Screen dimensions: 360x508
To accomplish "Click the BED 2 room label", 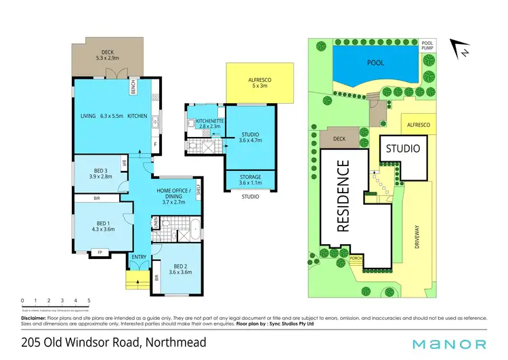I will (x=179, y=266).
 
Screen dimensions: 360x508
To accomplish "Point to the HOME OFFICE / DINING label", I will (x=175, y=193).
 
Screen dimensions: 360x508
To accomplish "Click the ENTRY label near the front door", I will (x=139, y=256).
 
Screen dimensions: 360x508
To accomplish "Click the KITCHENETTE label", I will (x=205, y=119).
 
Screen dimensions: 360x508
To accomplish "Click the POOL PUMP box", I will (x=431, y=45).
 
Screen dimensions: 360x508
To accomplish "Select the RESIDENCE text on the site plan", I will (x=343, y=197).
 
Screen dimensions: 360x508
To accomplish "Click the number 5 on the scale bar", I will (x=88, y=300).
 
